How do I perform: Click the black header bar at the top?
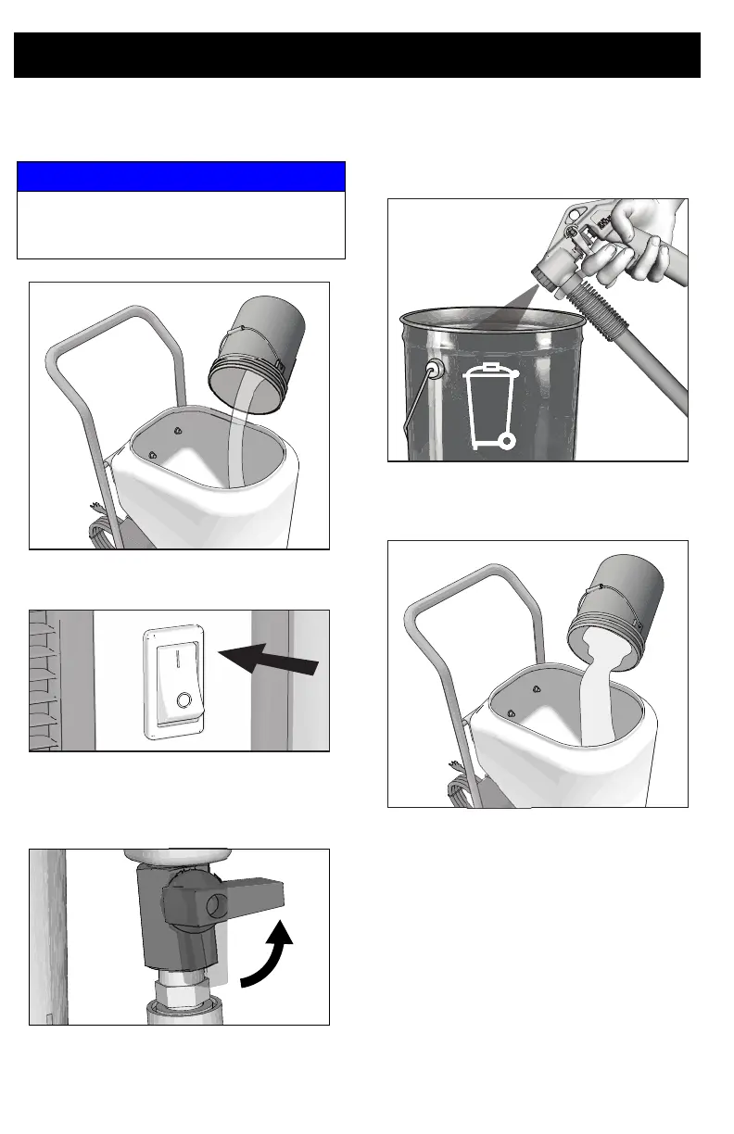click(x=357, y=56)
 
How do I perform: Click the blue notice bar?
click(x=181, y=176)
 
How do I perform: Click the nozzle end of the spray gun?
click(x=549, y=275)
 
